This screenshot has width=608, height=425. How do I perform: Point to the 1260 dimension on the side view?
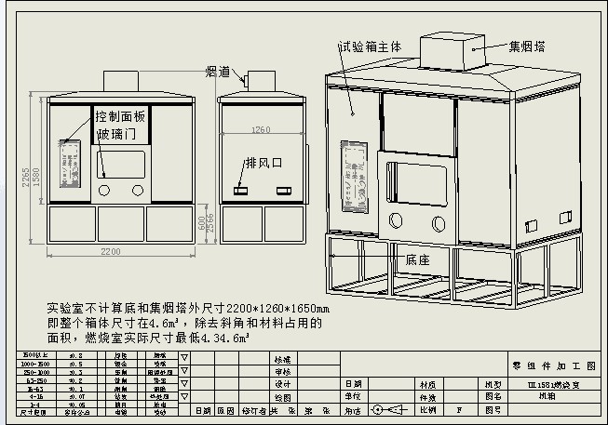(x=260, y=130)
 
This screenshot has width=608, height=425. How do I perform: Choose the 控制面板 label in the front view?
(x=120, y=116)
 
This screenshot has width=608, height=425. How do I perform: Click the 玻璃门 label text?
(x=116, y=136)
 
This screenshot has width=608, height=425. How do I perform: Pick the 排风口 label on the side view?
(x=263, y=162)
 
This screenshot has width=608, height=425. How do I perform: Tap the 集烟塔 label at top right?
(x=527, y=45)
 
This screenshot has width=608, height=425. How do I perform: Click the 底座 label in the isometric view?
(x=417, y=260)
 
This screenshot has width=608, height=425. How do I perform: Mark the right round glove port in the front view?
(x=138, y=189)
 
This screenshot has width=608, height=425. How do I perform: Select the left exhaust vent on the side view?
(x=240, y=190)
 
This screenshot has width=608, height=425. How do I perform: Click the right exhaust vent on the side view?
(x=282, y=190)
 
